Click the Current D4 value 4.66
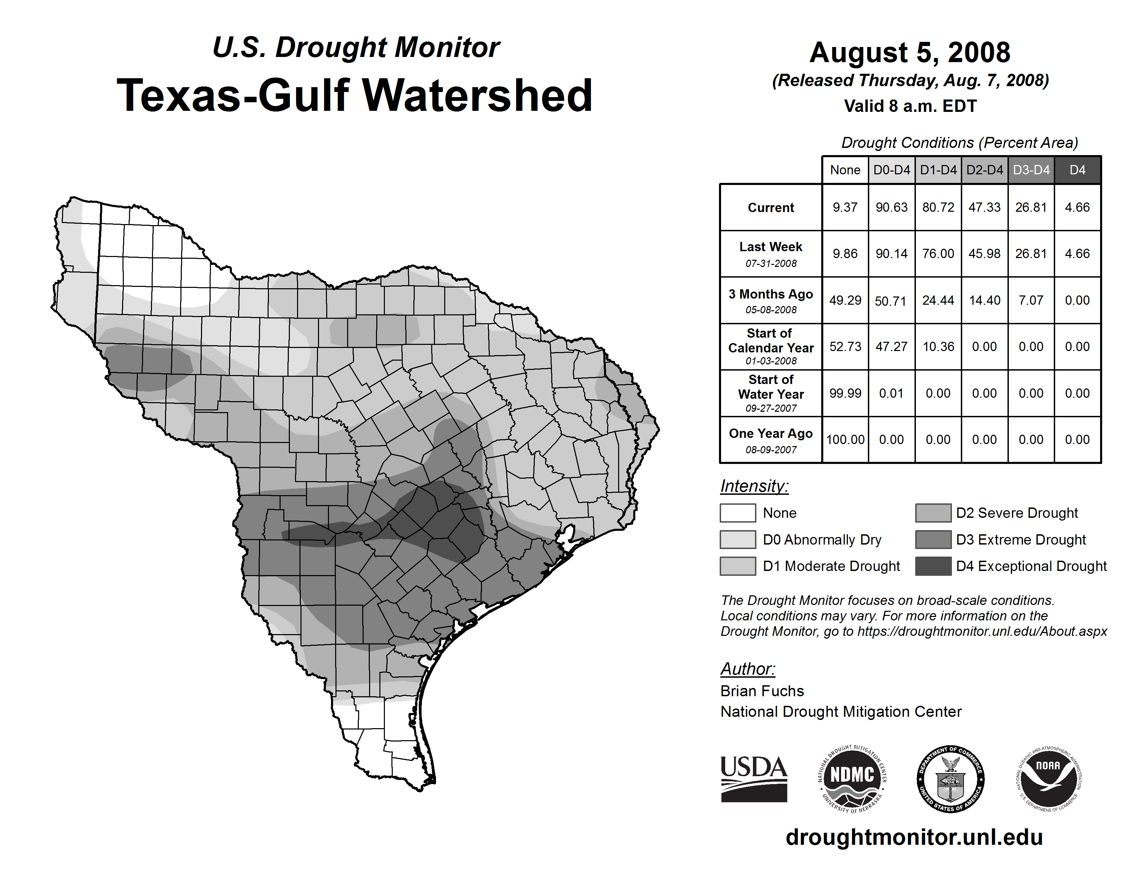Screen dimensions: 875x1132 tap(1077, 207)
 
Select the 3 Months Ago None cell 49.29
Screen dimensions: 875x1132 tap(845, 300)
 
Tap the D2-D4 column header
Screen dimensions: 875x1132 tap(984, 170)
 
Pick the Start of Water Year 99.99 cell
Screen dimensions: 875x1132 tap(845, 393)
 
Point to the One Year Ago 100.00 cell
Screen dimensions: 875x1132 tap(845, 440)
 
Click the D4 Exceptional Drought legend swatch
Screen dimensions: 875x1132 tap(933, 566)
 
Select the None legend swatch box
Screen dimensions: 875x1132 tap(738, 513)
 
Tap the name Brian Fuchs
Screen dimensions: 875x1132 tap(762, 691)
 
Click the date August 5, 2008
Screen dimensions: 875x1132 tap(910, 52)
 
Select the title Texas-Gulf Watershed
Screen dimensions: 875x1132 tap(355, 95)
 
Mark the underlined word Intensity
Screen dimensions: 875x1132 tap(754, 486)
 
